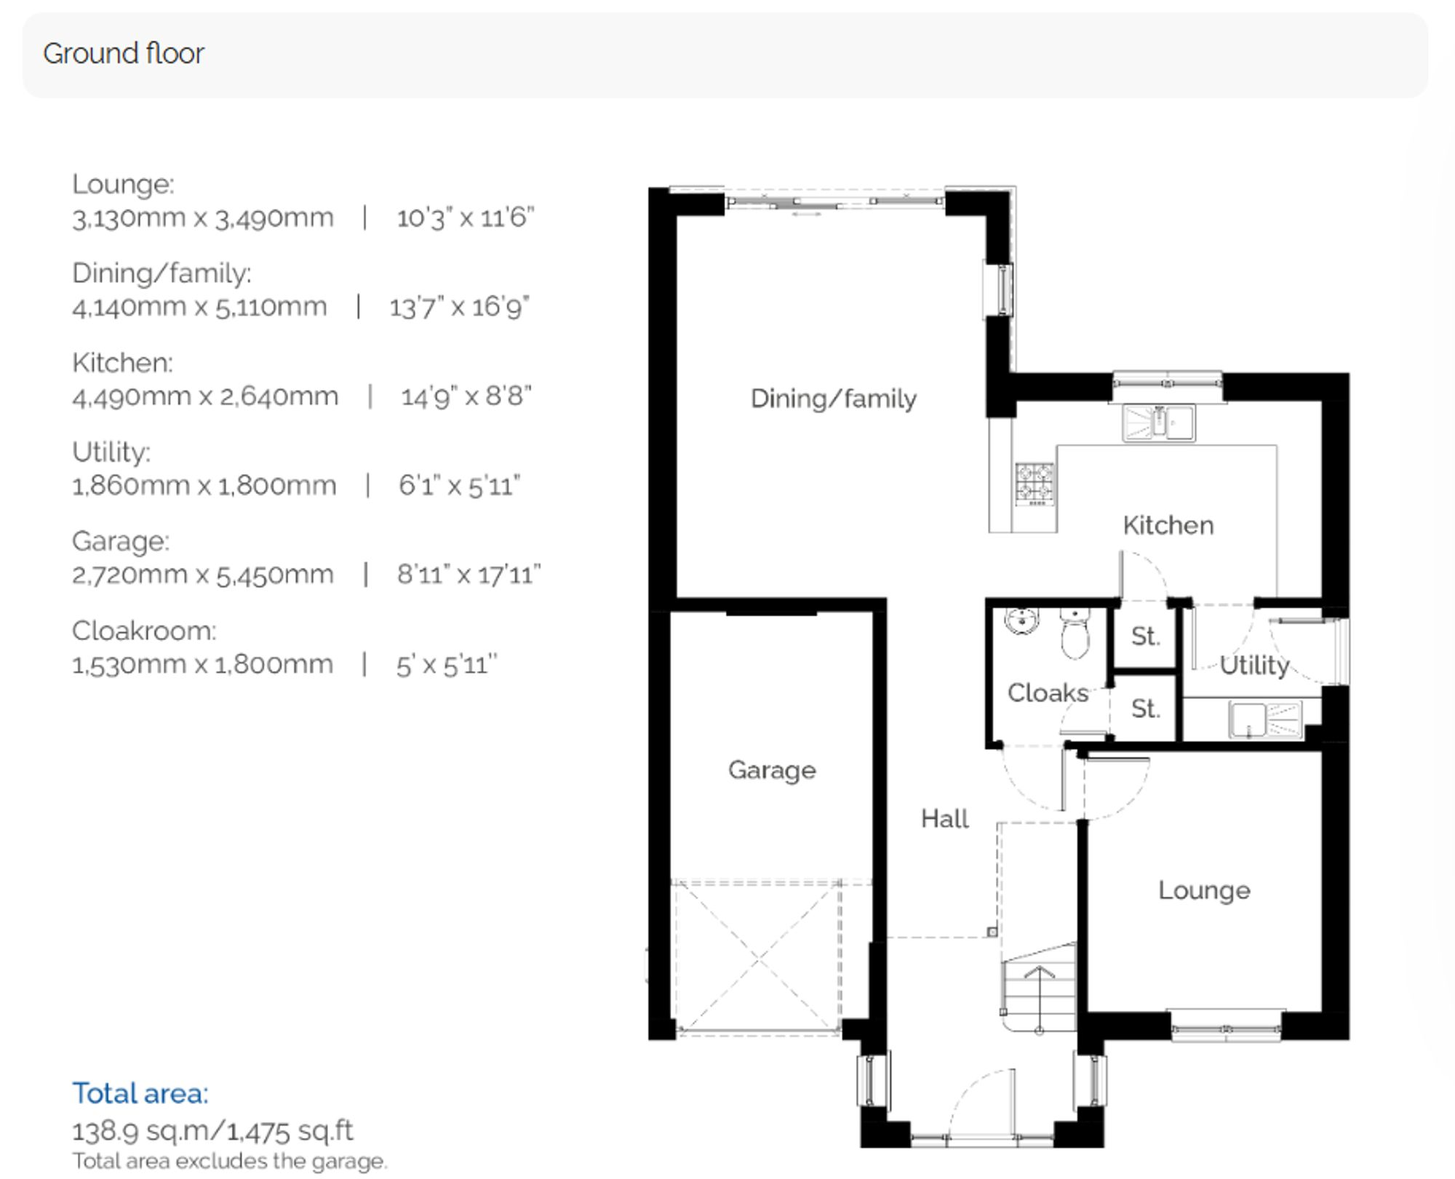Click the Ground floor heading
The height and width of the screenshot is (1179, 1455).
click(124, 54)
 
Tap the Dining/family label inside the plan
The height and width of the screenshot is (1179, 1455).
click(833, 399)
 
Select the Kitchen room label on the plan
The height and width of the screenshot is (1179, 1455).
click(1168, 525)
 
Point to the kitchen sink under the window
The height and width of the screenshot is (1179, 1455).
click(1158, 423)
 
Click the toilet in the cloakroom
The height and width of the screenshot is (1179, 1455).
click(1075, 634)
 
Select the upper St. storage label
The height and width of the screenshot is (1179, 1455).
click(1145, 636)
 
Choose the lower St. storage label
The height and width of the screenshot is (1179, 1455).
click(1145, 708)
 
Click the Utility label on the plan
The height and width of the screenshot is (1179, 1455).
click(1253, 665)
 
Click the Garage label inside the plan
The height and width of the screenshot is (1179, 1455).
click(772, 770)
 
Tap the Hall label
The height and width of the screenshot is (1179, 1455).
click(944, 819)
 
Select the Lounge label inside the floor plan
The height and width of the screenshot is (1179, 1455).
click(1204, 890)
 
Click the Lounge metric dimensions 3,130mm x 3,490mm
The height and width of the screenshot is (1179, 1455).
click(203, 217)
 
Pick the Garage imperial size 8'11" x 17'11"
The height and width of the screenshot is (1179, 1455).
click(469, 575)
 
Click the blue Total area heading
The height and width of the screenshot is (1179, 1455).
click(140, 1093)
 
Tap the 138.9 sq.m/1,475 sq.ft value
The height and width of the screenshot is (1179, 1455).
click(212, 1131)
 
